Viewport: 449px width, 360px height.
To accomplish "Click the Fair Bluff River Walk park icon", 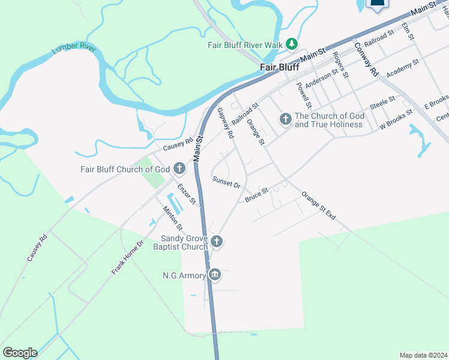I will (x=291, y=44).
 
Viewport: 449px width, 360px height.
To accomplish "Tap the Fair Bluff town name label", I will (x=279, y=67).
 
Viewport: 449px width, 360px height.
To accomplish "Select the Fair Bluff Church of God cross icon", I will (x=179, y=169).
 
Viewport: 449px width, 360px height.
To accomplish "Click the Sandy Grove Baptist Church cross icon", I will (x=217, y=242).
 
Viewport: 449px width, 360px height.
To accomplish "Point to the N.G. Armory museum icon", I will (x=215, y=275).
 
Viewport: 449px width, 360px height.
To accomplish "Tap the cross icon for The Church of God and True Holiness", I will (x=286, y=119).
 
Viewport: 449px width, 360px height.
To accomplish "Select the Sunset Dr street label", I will (x=226, y=182).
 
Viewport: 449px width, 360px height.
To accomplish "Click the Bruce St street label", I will (x=256, y=194).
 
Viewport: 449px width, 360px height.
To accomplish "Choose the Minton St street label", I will (x=173, y=218).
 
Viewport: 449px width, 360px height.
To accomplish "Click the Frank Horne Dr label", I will (x=128, y=258).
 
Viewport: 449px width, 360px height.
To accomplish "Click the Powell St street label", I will (x=303, y=92).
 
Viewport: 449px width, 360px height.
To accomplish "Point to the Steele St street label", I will (x=382, y=103).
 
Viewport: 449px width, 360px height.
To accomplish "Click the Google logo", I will (x=20, y=352).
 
